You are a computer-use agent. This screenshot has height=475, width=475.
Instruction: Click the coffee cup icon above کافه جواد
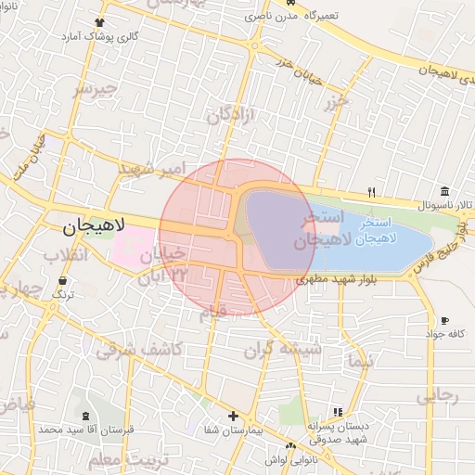444,320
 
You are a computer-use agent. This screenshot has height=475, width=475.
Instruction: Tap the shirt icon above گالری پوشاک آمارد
100,22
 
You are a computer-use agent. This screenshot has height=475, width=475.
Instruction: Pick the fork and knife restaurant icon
372,192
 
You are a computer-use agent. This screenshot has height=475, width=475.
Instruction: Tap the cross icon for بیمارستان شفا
233,417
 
